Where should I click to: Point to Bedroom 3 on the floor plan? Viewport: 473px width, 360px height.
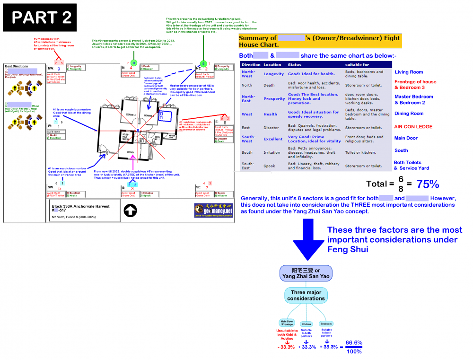point(131,115)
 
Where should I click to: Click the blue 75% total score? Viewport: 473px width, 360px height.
point(429,184)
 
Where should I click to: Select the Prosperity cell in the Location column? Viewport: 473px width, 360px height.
point(274,99)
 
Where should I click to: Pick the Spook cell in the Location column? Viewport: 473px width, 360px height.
point(270,166)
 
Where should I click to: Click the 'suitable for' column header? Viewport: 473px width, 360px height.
point(358,64)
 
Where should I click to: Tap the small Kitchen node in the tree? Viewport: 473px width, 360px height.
point(306,324)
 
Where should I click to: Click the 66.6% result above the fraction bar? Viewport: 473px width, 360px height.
point(354,342)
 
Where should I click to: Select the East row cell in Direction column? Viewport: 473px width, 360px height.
point(246,128)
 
